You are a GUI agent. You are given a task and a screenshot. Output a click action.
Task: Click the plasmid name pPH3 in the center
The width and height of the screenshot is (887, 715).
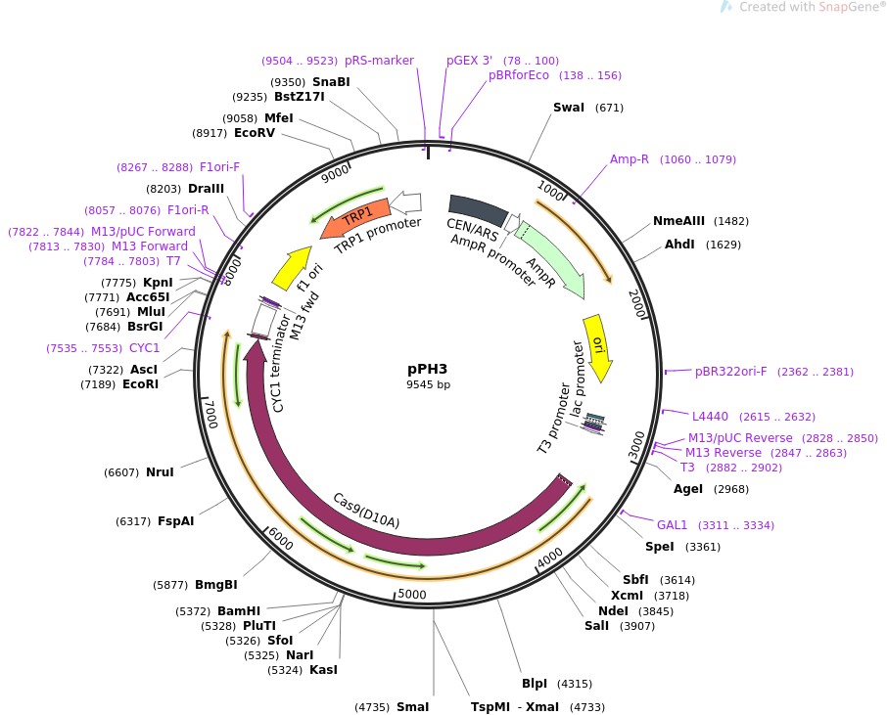pyautogui.click(x=428, y=370)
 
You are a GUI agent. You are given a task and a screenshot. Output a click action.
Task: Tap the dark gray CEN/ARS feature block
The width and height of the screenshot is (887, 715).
pyautogui.click(x=477, y=209)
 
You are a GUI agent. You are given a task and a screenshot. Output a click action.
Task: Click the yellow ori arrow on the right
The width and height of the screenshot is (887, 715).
pyautogui.click(x=598, y=345)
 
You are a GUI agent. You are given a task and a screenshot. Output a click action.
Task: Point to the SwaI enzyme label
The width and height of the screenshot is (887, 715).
pyautogui.click(x=569, y=108)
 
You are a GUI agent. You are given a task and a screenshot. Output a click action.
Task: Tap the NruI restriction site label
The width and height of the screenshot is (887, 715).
pyautogui.click(x=160, y=472)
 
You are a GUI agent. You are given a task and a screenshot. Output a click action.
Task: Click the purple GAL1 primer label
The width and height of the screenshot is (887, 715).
pyautogui.click(x=673, y=525)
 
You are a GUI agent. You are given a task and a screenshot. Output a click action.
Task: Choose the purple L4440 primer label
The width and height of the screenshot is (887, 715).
pyautogui.click(x=711, y=416)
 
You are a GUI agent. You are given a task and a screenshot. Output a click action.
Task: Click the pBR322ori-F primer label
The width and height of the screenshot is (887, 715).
pyautogui.click(x=731, y=372)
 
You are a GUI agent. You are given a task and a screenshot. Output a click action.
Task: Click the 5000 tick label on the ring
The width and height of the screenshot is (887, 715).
pyautogui.click(x=412, y=594)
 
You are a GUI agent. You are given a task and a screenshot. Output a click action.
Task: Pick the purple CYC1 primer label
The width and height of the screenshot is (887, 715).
pyautogui.click(x=144, y=348)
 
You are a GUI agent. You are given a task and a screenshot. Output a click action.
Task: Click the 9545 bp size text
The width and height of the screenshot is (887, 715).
pyautogui.click(x=429, y=385)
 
